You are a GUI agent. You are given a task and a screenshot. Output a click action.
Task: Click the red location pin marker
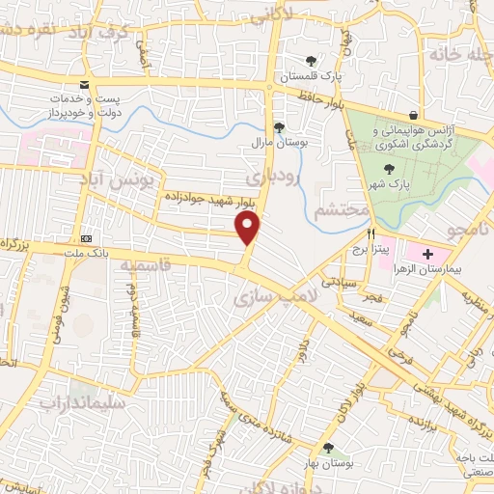click(x=248, y=229)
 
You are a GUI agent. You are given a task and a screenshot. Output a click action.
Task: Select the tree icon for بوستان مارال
click(x=279, y=126)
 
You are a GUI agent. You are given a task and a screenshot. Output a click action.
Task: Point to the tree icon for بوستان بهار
click(x=331, y=448)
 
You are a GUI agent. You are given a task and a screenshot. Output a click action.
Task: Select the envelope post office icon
click(x=86, y=84)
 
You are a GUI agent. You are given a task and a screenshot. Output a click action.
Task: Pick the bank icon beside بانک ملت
click(x=86, y=238)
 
